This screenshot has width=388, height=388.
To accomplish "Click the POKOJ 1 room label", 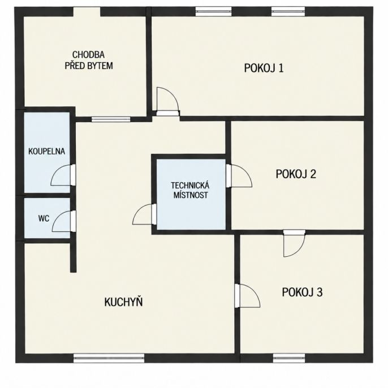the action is point(264,68).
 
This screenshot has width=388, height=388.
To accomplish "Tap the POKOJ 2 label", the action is point(296,174).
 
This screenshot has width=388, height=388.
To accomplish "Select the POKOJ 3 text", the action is point(302,292).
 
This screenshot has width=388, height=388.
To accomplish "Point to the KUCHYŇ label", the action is point(123,301).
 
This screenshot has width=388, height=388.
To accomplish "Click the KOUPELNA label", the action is point(46,151).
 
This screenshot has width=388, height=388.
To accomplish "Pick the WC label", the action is point(44,218).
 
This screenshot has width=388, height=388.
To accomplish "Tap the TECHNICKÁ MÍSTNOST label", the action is point(190,190).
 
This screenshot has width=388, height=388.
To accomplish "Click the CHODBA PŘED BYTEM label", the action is point(89,60).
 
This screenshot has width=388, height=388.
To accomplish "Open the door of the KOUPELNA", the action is point(63,175).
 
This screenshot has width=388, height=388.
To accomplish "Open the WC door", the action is point(64,221).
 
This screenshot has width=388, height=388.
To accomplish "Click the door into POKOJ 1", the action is point(167,101).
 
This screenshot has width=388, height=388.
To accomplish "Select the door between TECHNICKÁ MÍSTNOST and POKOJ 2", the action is point(239,175).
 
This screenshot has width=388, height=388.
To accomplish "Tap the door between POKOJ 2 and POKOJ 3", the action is point(294,243).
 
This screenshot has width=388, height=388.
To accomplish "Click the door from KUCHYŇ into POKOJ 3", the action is point(247,296).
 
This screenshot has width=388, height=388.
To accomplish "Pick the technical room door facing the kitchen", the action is point(145,214).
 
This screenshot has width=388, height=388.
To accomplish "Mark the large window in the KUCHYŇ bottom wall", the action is point(109,358).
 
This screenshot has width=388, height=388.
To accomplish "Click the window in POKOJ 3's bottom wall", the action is point(289,358).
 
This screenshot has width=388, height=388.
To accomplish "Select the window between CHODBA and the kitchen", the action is point(111,119).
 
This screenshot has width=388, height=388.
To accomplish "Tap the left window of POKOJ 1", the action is point(213,11).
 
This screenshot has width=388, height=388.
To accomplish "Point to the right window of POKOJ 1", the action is point(288,11).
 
